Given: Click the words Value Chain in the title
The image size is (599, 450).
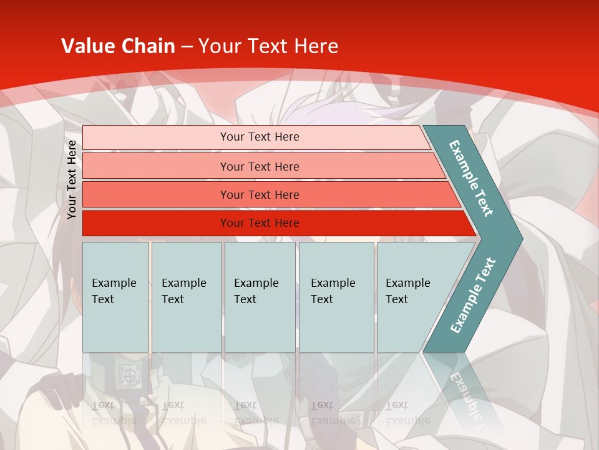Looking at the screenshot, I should point(118,46).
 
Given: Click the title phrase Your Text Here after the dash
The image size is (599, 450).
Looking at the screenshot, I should point(268,46).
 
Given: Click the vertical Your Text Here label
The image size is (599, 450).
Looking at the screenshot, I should point(72,179).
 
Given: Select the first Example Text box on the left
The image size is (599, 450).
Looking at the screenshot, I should point(115,297).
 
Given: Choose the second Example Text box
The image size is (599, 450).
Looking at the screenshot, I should point(186,297).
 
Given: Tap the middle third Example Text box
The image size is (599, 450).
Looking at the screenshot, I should point(260,297).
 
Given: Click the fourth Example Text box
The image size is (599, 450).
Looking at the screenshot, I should point(336,297).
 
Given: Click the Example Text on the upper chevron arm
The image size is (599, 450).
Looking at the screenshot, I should point(471,178).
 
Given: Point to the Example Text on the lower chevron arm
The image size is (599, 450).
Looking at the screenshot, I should point(473,296).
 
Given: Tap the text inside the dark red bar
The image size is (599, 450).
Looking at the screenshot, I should point(260,223).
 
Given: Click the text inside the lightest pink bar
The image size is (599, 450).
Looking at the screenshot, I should point(260,137).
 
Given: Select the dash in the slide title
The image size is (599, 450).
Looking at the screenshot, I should point(187,47).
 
